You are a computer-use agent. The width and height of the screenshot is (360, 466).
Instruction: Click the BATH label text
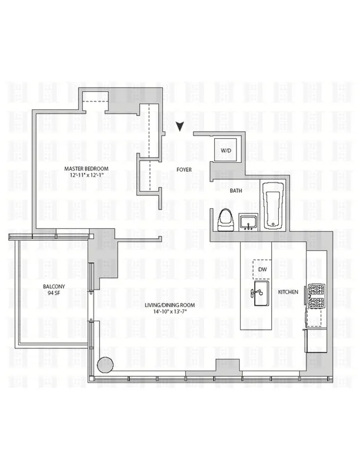click(236, 191)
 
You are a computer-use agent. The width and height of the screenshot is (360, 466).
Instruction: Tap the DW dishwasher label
click(262, 269)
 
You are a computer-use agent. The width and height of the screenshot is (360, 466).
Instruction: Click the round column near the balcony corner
click(105, 364)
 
